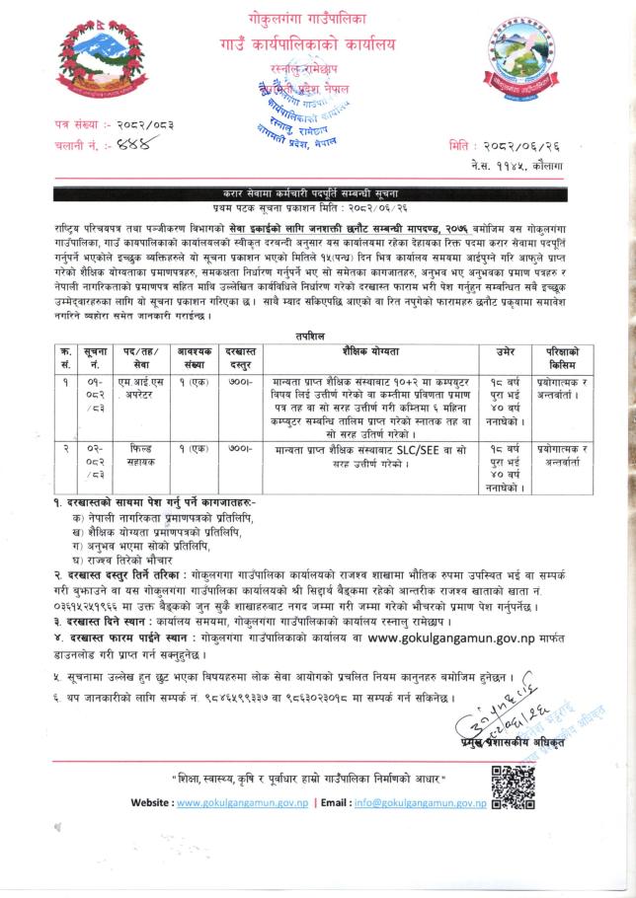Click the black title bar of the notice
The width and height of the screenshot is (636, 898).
click(x=317, y=192)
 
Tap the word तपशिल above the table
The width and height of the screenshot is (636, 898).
click(x=317, y=335)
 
